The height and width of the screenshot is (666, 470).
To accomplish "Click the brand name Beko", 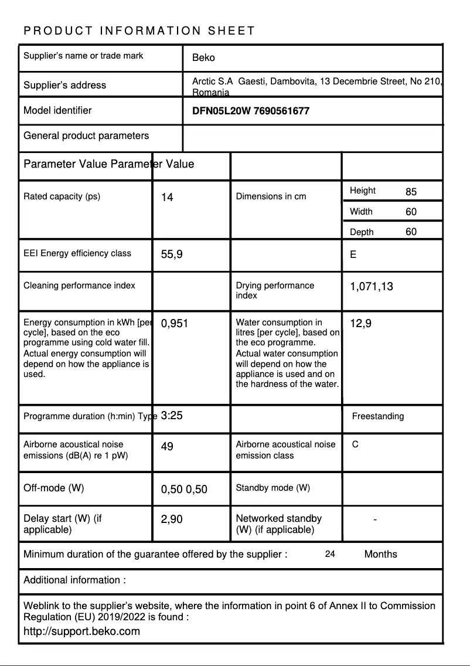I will [x=203, y=57].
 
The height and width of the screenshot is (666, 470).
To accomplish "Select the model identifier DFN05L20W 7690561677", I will [x=251, y=110].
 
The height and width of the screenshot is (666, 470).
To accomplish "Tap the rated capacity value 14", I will [x=167, y=197].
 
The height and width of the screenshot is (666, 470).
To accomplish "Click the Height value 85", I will [x=411, y=192].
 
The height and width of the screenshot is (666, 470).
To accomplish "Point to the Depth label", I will [x=362, y=232].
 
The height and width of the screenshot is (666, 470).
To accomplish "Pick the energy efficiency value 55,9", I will [x=172, y=254].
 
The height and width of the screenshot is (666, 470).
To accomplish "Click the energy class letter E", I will [x=353, y=254].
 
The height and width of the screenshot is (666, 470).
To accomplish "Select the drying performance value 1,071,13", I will [x=372, y=287].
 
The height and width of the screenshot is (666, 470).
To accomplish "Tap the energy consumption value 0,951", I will [x=174, y=324].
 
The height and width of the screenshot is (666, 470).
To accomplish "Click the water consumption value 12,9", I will [x=360, y=324].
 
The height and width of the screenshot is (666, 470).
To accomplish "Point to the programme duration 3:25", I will [x=172, y=416].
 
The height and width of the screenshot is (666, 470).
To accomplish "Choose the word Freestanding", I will [x=378, y=416].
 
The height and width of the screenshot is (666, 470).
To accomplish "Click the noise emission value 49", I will [x=167, y=447].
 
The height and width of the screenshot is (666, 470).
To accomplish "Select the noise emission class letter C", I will [x=355, y=444].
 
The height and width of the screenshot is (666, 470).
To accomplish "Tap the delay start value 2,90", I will [x=172, y=519].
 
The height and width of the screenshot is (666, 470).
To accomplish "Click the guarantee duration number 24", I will [x=330, y=554].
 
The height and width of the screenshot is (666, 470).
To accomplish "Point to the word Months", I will [x=380, y=554].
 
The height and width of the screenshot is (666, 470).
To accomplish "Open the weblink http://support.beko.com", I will [x=81, y=631].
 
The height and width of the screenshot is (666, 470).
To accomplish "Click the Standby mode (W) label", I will [x=273, y=488].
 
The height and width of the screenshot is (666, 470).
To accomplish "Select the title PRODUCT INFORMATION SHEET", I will [x=139, y=30].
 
